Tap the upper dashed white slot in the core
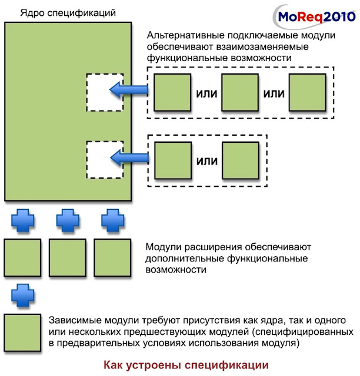click(105, 92)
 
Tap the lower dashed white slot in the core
click(105, 159)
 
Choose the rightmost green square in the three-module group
click(306, 92)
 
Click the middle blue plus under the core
click(67, 220)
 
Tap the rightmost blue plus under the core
click(111, 220)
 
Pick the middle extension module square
click(67, 257)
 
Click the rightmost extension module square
click(112, 257)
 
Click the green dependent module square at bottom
click(22, 333)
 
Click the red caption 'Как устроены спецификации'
click(185, 364)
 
